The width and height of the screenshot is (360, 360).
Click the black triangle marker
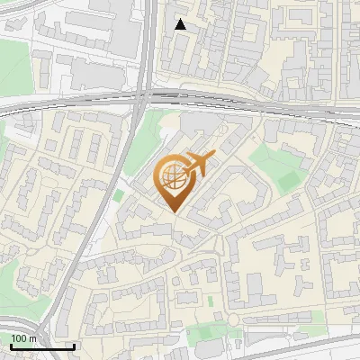click(181, 24)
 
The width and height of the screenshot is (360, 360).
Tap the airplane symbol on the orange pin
click(199, 164)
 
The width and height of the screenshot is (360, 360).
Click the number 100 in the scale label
click(19, 337)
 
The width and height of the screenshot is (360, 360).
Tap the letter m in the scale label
click(32, 337)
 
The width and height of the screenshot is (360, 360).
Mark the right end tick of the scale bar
click(74, 346)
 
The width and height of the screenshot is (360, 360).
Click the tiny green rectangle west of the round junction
click(211, 301)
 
